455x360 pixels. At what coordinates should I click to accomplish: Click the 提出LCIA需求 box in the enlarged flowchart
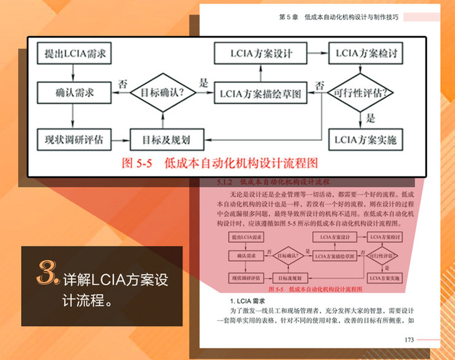pyautogui.click(x=74, y=55)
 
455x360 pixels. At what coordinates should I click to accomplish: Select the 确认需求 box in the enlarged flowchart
pyautogui.click(x=74, y=94)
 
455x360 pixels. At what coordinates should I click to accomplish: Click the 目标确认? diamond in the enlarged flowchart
pyautogui.click(x=163, y=94)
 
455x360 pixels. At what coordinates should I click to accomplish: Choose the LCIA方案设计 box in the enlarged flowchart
pyautogui.click(x=261, y=52)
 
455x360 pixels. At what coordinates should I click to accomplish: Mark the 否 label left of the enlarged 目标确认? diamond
pyautogui.click(x=123, y=83)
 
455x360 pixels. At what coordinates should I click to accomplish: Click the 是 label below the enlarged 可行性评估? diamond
pyautogui.click(x=371, y=118)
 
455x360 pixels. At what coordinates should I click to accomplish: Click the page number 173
pyautogui.click(x=410, y=339)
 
